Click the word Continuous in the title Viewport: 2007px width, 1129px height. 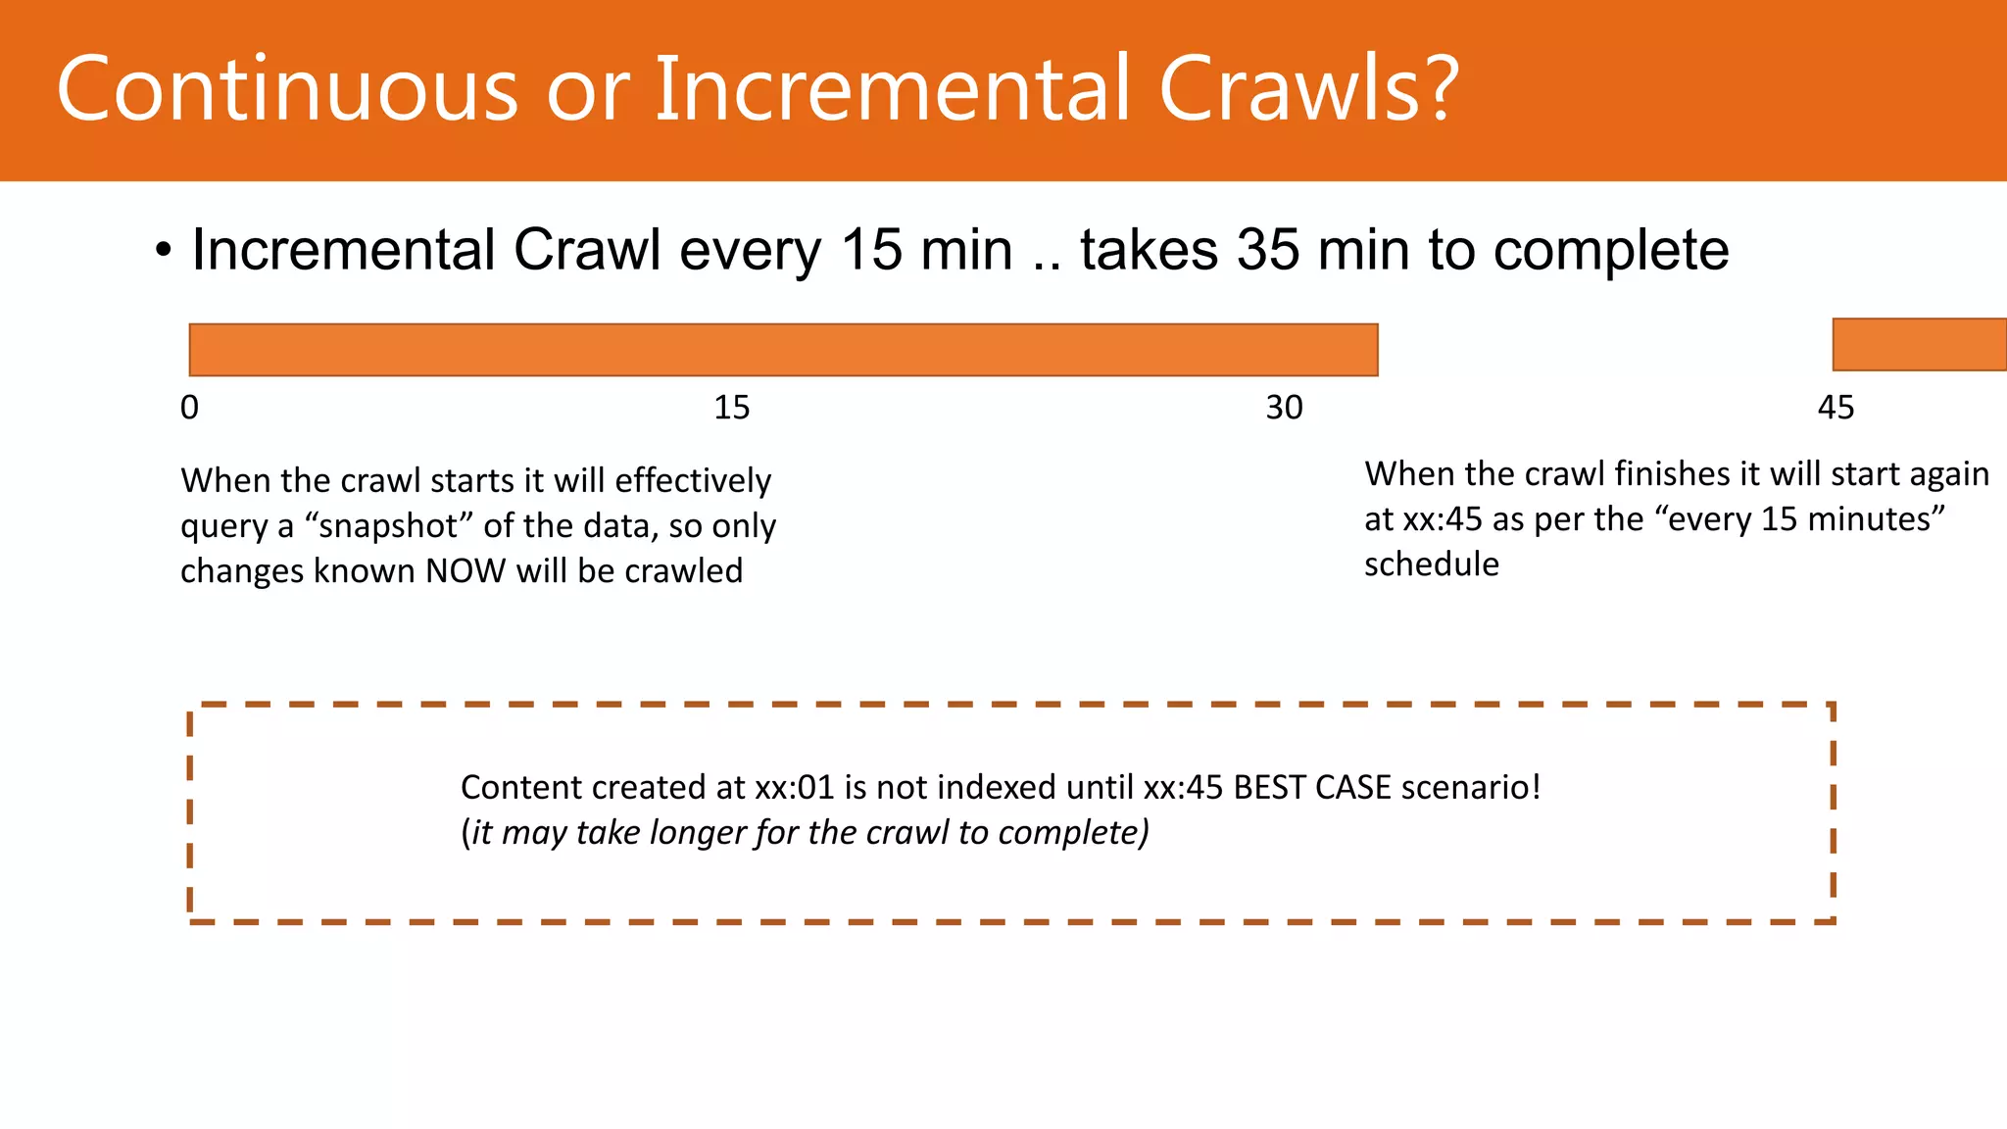coord(287,89)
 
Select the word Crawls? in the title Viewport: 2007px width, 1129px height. coord(1309,89)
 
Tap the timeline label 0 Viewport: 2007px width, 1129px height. coord(189,408)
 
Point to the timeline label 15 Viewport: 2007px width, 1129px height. coord(731,408)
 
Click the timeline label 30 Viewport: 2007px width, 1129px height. coord(1284,408)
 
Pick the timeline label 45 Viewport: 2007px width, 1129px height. coord(1836,408)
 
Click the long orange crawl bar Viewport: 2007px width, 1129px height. coord(783,350)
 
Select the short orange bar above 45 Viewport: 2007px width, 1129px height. coord(1919,345)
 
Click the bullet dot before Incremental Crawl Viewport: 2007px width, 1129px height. coord(163,252)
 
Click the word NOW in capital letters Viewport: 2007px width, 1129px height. coord(465,571)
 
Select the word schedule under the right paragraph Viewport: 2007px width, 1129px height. coord(1431,564)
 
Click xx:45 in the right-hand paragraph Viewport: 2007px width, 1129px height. coord(1442,519)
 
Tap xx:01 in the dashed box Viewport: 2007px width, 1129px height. coord(794,788)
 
